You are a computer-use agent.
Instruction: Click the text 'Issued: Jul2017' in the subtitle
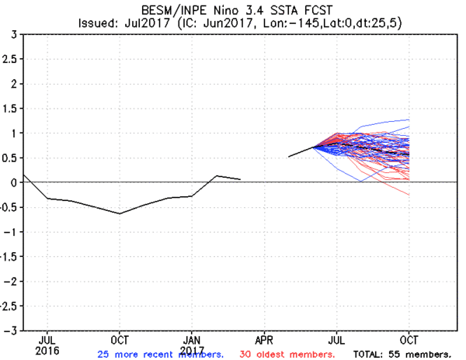pyautogui.click(x=115, y=23)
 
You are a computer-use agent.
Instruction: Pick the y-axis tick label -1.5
pyautogui.click(x=9, y=257)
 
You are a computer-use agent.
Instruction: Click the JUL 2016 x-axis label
pyautogui.click(x=47, y=344)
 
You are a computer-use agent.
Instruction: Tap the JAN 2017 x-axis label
pyautogui.click(x=193, y=344)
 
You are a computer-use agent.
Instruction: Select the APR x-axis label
pyautogui.click(x=265, y=339)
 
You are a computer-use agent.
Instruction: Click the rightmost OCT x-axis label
pyautogui.click(x=409, y=339)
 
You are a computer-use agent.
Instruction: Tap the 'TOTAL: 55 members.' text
pyautogui.click(x=402, y=354)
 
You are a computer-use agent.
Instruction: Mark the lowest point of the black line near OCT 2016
pyautogui.click(x=120, y=213)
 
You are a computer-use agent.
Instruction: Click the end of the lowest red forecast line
pyautogui.click(x=409, y=195)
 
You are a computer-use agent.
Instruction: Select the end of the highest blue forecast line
pyautogui.click(x=409, y=119)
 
